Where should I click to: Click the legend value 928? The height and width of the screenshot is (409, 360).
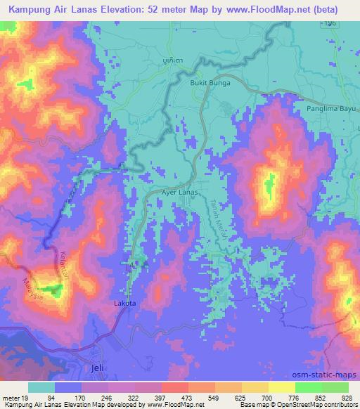click(x=347, y=398)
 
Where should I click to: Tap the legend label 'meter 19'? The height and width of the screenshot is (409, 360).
click(x=13, y=398)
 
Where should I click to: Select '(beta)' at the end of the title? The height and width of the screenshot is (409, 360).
click(x=325, y=10)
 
